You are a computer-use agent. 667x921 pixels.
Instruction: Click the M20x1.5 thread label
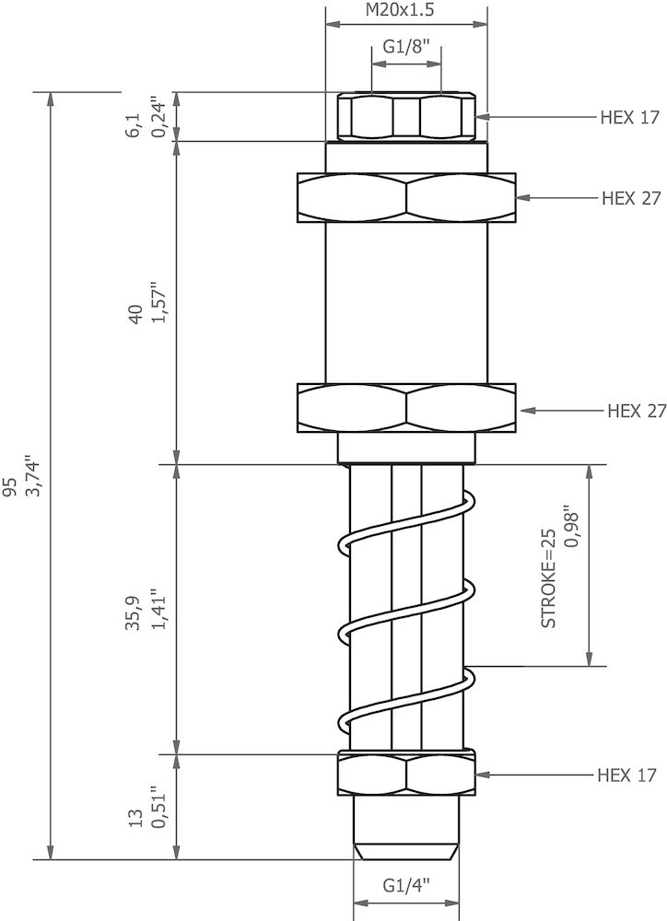(406, 10)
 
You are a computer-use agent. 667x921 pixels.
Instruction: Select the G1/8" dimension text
(406, 49)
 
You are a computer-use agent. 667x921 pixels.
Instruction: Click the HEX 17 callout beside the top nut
(630, 117)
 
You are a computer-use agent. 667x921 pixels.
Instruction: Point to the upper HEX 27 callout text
(631, 198)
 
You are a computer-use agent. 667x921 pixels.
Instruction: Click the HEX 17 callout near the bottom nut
(626, 775)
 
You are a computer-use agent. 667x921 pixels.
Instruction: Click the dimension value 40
(135, 313)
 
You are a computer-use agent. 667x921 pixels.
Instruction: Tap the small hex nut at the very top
(406, 117)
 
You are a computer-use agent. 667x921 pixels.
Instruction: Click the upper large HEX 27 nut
(405, 198)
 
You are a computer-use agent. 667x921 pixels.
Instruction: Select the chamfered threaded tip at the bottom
(406, 849)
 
